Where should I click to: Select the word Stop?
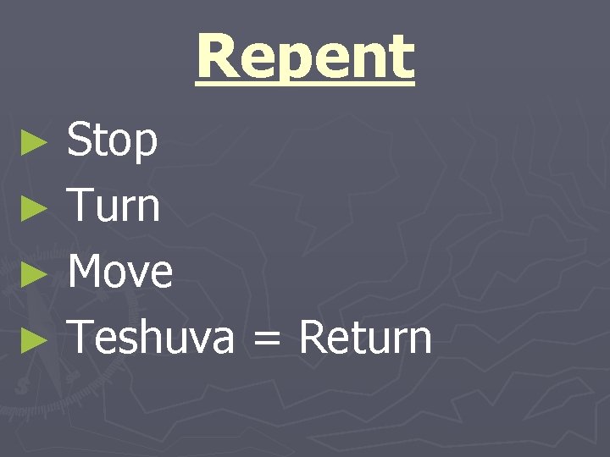point(113,140)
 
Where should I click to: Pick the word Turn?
point(114,206)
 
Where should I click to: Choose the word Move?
point(120,272)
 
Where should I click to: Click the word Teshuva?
point(151,337)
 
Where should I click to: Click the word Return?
point(365,337)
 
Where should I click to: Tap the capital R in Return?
point(312,337)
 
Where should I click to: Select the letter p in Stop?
point(146,146)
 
